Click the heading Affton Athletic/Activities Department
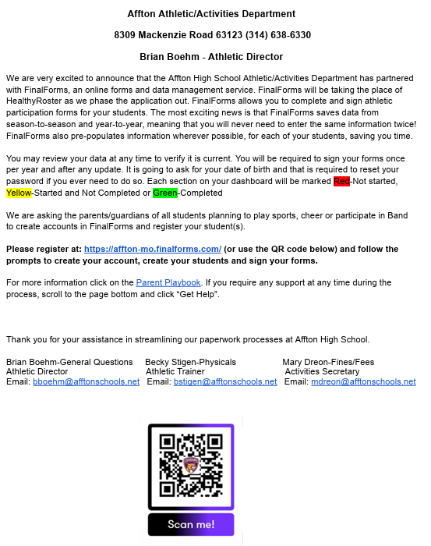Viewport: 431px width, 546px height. click(211, 14)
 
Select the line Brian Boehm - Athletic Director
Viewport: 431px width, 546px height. click(211, 57)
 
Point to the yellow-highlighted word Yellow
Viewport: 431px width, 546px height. click(19, 193)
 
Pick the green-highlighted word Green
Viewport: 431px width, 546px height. click(164, 193)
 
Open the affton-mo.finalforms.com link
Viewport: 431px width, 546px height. click(153, 249)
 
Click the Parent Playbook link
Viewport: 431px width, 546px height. click(168, 282)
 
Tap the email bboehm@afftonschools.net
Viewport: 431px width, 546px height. click(86, 382)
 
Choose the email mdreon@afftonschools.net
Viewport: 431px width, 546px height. click(363, 382)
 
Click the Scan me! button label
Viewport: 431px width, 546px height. click(191, 524)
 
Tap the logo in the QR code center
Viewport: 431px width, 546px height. click(191, 466)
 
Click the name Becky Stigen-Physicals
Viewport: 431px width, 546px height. click(190, 362)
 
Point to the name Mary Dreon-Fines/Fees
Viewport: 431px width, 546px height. click(328, 362)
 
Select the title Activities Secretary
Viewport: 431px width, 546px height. click(322, 372)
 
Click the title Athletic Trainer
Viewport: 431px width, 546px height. click(175, 372)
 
